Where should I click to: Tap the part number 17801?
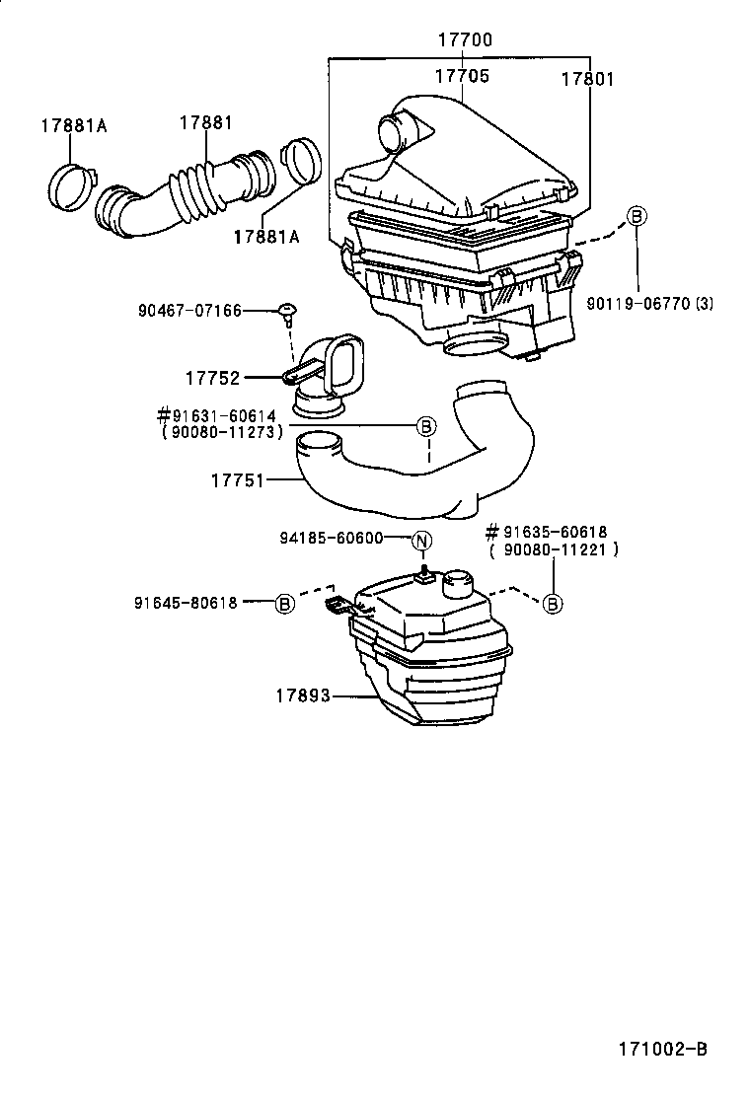click(587, 79)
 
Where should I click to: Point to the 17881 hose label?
click(206, 122)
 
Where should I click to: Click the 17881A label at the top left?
click(73, 126)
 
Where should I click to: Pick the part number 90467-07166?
click(189, 311)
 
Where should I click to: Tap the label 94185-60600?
click(331, 539)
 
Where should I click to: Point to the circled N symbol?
click(421, 540)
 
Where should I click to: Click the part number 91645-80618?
click(186, 603)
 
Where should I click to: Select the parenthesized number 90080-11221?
click(554, 549)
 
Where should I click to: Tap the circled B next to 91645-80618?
click(284, 603)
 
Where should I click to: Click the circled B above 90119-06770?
click(637, 216)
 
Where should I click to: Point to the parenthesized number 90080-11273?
click(222, 431)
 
